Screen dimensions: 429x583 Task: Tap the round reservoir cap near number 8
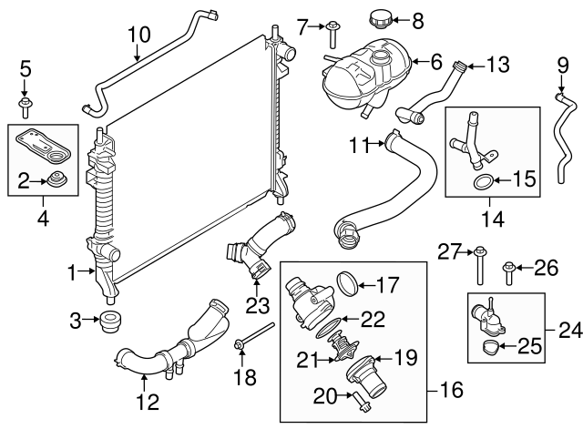(x=378, y=17)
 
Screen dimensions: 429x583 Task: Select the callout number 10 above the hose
(x=138, y=36)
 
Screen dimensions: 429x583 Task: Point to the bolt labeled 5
(x=26, y=102)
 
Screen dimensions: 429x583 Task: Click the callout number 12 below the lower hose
(x=148, y=400)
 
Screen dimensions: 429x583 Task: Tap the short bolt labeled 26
(x=508, y=268)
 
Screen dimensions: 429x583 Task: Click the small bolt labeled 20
(x=358, y=395)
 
